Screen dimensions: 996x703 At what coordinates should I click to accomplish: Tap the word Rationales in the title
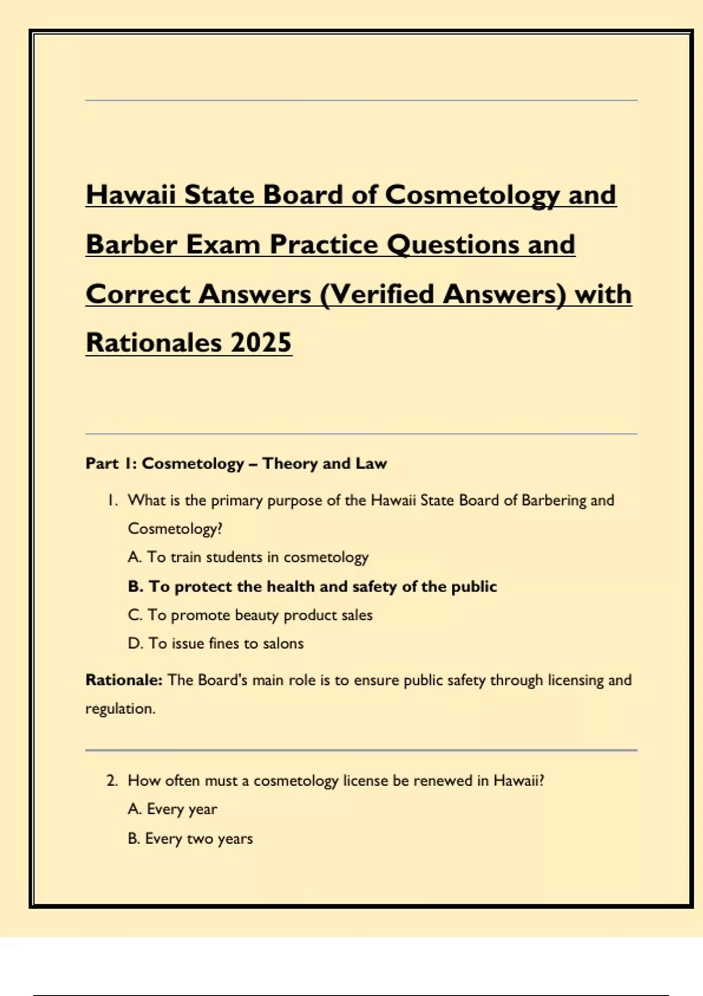click(153, 343)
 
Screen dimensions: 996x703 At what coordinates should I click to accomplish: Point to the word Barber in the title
click(131, 245)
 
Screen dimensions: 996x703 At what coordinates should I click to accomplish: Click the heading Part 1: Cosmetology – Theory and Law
click(236, 463)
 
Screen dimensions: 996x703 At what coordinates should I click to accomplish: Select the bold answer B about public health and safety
click(312, 586)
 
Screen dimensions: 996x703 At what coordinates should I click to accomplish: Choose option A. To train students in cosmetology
click(248, 557)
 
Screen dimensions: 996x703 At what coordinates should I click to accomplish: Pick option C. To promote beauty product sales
click(250, 615)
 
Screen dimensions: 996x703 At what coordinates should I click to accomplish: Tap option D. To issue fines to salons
click(216, 643)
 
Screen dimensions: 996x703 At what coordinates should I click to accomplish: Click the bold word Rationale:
click(124, 680)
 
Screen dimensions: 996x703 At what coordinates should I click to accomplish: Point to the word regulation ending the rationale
click(120, 709)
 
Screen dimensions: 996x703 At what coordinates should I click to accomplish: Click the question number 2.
click(112, 781)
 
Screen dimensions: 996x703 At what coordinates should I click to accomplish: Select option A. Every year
click(172, 809)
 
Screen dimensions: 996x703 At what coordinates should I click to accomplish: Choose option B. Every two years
click(190, 838)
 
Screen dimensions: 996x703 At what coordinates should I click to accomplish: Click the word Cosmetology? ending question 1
click(175, 529)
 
